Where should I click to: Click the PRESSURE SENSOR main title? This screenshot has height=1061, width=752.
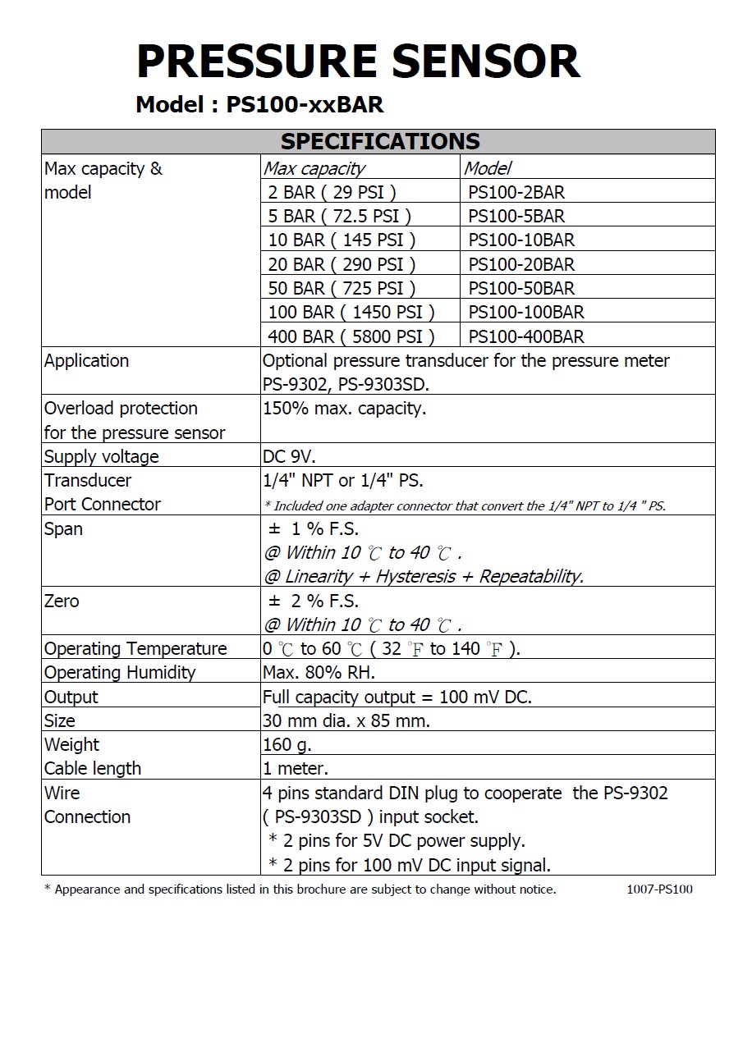[358, 62]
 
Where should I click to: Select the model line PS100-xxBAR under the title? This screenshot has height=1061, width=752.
[259, 105]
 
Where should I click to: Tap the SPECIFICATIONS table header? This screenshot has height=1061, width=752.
[379, 141]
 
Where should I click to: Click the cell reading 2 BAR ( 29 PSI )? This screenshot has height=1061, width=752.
[332, 193]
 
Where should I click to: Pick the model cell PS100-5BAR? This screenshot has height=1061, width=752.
[516, 217]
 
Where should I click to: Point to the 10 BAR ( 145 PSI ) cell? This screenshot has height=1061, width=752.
[342, 240]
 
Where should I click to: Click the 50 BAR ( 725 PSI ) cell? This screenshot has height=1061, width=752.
[342, 288]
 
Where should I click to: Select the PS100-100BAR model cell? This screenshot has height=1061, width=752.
[526, 312]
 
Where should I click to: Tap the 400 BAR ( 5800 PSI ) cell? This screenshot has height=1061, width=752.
[351, 336]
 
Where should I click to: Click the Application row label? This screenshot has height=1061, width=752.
[86, 361]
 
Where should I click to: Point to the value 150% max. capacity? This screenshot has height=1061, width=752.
[344, 409]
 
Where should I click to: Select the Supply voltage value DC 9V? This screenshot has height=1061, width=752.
[288, 456]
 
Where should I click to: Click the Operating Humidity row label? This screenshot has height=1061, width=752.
[120, 673]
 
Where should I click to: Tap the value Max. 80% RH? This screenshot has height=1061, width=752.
[319, 673]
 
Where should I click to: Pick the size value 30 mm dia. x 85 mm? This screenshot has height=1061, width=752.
[346, 721]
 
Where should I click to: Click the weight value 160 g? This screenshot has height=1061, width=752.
[287, 745]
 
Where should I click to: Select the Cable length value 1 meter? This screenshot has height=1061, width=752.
[295, 769]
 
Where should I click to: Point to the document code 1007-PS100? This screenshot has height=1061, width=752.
[658, 890]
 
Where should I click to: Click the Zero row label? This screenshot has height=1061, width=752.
[62, 601]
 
